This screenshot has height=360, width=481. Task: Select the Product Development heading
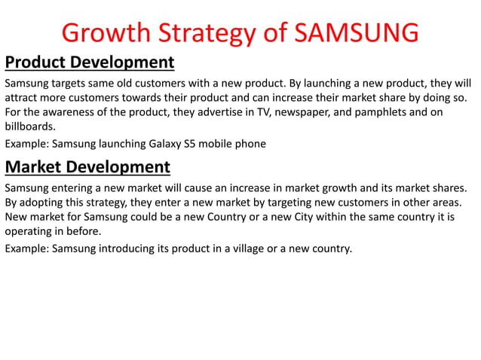pos(90,62)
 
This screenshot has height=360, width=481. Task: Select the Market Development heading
pos(87,166)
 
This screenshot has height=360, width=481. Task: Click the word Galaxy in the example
pos(153,144)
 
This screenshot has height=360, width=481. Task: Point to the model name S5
pos(180,144)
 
